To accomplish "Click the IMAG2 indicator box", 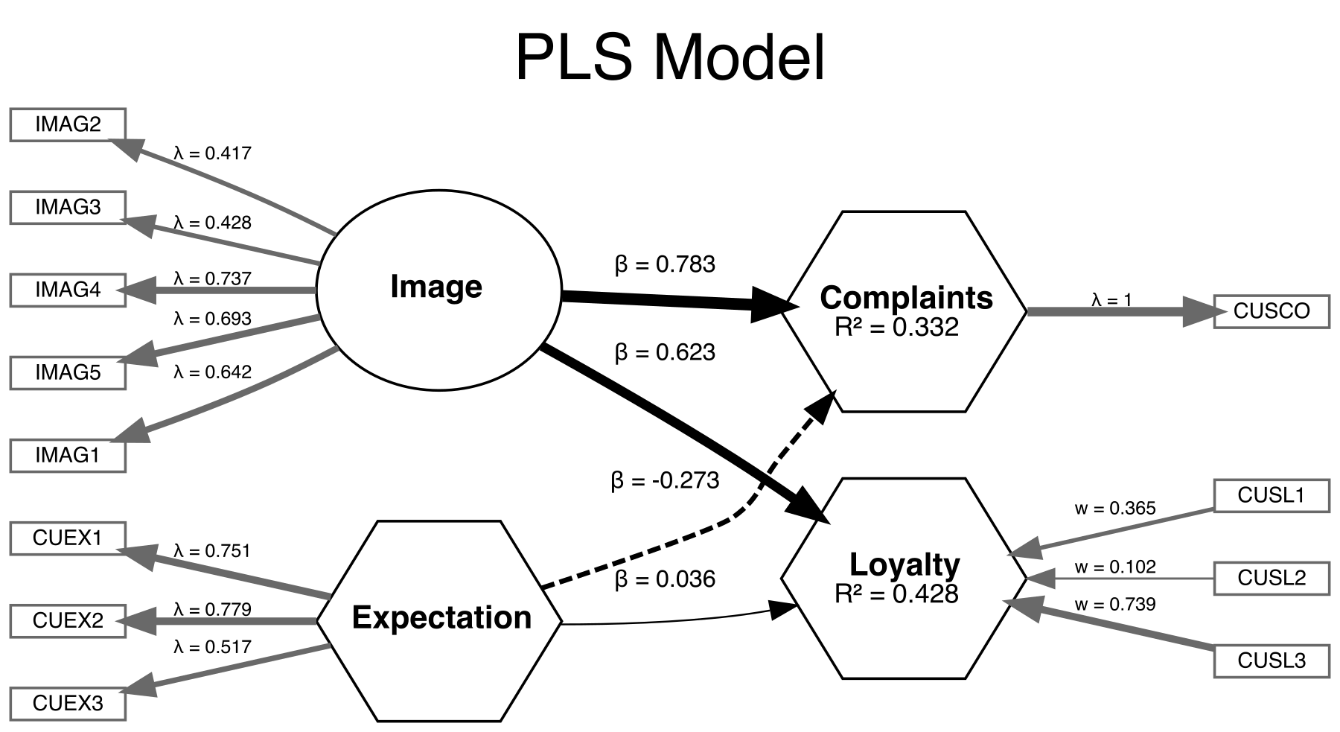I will pos(68,124).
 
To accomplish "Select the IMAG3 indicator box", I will pos(68,207).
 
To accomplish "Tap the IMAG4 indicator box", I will pos(68,290).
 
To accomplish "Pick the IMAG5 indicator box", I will pos(68,372).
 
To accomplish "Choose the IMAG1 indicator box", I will pos(68,455).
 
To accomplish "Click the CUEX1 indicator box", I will pos(68,538).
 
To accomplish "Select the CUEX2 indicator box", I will pos(68,620).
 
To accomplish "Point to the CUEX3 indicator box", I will pos(68,703).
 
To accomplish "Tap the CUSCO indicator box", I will pos(1272,311).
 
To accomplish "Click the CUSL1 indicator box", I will pos(1272,496).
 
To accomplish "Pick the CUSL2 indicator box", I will pos(1272,578).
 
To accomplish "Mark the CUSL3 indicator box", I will pos(1272,661).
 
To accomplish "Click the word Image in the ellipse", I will pos(436,287).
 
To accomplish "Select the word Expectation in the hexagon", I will pos(441,618).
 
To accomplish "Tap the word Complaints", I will pos(906,298).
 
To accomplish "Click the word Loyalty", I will pos(904,564).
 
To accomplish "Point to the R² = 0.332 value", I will pos(896,328).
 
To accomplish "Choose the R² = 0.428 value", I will pos(896,594).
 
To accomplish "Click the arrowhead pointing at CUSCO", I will pos(1199,311).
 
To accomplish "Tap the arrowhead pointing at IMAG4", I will pos(141,290).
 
